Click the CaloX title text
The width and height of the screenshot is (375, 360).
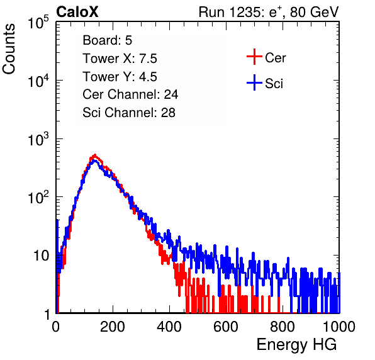click(77, 12)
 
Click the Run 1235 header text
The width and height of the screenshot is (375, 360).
click(269, 12)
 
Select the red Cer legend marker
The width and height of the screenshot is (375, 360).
click(254, 57)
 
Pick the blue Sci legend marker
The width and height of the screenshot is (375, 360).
click(254, 83)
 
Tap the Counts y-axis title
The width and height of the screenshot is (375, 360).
click(9, 49)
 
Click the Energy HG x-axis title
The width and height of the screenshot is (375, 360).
click(296, 345)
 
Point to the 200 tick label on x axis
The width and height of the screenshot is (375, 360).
click(113, 327)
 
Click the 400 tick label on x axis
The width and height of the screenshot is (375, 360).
click(169, 327)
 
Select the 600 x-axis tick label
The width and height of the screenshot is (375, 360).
click(226, 327)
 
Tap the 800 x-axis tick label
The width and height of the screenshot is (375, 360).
click(283, 327)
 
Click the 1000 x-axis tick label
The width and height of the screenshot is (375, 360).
click(339, 327)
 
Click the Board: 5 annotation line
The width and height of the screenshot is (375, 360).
click(108, 40)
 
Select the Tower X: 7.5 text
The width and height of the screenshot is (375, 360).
click(120, 59)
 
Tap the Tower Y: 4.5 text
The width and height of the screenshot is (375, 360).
click(120, 77)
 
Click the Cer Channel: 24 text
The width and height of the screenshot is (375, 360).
click(130, 94)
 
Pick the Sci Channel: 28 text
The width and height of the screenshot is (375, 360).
click(129, 113)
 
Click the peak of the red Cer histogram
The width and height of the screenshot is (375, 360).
click(95, 155)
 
